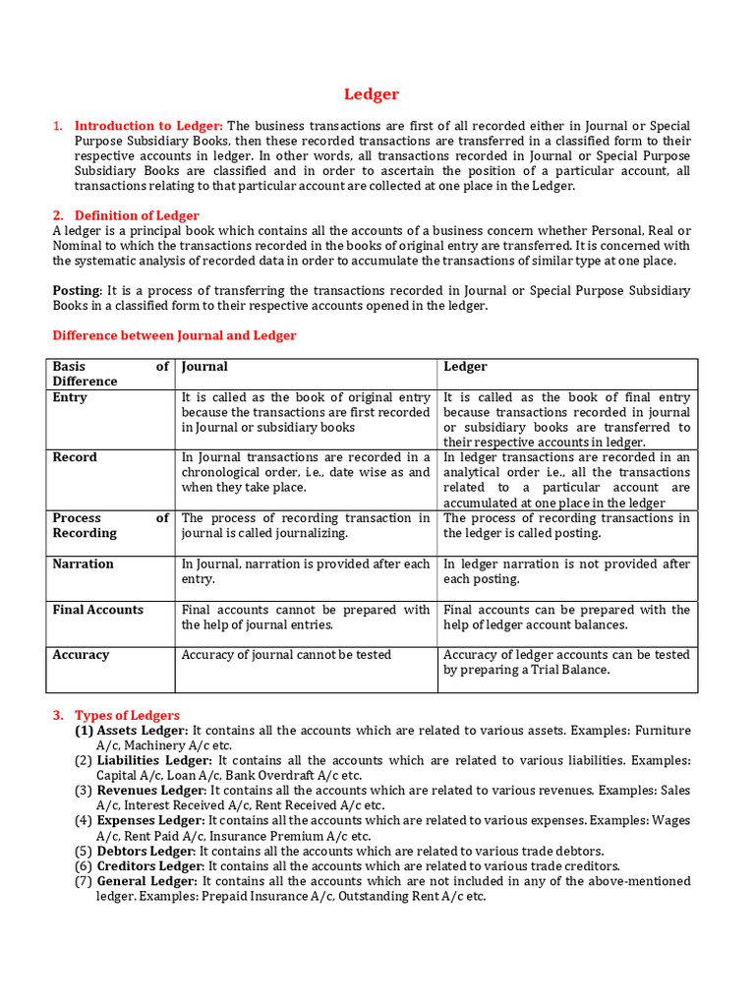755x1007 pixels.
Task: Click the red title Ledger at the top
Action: tap(372, 94)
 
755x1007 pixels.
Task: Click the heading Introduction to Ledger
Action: tap(148, 126)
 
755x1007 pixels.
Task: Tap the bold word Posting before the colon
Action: tap(76, 291)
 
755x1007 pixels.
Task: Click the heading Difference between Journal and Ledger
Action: tap(174, 335)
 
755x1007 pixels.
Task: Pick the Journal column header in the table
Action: tap(204, 367)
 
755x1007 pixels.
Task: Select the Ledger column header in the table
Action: tap(465, 367)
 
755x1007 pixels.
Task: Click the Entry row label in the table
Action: tap(70, 397)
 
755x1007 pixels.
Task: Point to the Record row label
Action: tap(75, 457)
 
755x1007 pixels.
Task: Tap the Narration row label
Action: tap(83, 563)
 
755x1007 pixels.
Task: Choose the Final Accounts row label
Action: tap(97, 610)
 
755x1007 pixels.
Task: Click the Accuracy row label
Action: tap(81, 655)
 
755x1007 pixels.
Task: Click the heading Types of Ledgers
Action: tap(127, 715)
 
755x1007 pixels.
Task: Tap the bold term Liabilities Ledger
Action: tap(153, 760)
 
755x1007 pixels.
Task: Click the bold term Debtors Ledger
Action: tap(145, 851)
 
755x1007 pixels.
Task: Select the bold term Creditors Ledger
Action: tap(150, 866)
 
